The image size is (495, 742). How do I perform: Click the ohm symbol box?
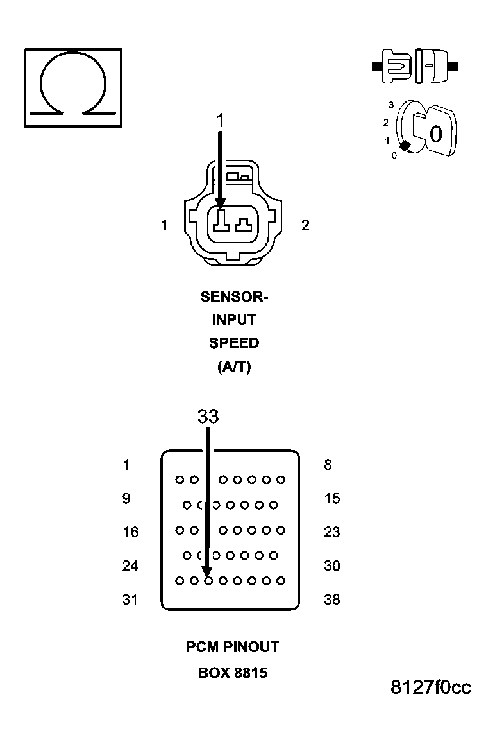pos(72,87)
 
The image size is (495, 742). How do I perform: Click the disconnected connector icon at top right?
pos(415,65)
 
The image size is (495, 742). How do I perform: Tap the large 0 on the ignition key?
pos(436,134)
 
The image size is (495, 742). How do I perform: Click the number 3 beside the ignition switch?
pos(390,105)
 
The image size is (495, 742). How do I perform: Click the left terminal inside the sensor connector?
pos(221,221)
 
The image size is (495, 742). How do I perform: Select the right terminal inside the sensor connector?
pos(244,224)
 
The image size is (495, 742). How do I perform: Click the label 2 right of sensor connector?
pos(305,225)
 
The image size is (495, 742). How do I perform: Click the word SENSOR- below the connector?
pos(234,297)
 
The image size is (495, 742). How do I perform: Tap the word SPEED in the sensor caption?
pos(234,343)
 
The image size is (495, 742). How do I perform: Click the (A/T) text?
pos(234,367)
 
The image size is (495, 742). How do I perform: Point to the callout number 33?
pos(208,417)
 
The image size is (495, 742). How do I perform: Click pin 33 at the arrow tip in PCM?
pos(208,580)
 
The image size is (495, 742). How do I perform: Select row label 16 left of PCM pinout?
pos(130,532)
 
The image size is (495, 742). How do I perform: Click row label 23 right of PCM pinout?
pos(332,532)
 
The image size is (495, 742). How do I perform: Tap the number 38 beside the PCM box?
pos(332,600)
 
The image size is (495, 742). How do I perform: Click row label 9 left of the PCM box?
pos(126,499)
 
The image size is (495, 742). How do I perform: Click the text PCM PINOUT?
pos(233,647)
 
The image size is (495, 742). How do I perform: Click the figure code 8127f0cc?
pos(431,687)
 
